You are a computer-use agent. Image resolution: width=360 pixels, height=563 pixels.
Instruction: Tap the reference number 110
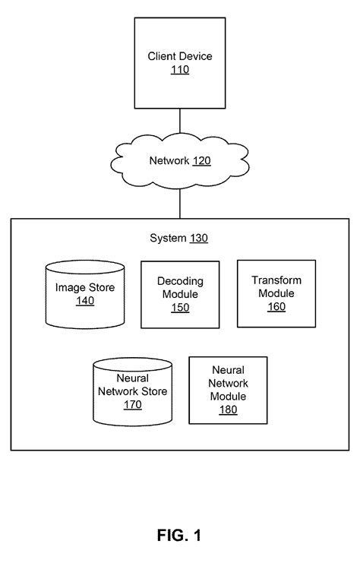(180, 70)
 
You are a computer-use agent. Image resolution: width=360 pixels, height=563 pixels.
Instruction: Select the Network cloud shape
(179, 161)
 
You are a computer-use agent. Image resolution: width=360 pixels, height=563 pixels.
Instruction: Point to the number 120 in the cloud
(201, 161)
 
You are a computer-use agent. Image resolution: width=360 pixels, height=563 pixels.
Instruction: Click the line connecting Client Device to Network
(179, 123)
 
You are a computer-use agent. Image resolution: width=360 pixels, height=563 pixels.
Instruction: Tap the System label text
(167, 238)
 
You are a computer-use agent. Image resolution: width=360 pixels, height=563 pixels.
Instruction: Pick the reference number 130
(198, 238)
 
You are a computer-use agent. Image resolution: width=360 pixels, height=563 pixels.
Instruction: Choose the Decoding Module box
(180, 293)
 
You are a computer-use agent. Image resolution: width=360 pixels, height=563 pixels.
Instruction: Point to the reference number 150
(180, 308)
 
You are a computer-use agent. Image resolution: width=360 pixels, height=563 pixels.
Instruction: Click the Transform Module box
(276, 293)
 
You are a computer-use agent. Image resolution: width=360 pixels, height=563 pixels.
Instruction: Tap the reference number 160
(276, 307)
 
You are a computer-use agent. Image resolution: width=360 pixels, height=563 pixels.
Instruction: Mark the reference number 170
(132, 405)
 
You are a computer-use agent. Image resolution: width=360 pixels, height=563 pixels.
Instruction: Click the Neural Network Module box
(229, 390)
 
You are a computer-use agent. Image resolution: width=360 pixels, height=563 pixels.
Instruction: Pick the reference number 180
(229, 410)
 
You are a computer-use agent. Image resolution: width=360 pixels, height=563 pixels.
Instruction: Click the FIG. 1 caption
(179, 536)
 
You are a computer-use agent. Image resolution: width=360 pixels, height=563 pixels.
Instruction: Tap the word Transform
(276, 280)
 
